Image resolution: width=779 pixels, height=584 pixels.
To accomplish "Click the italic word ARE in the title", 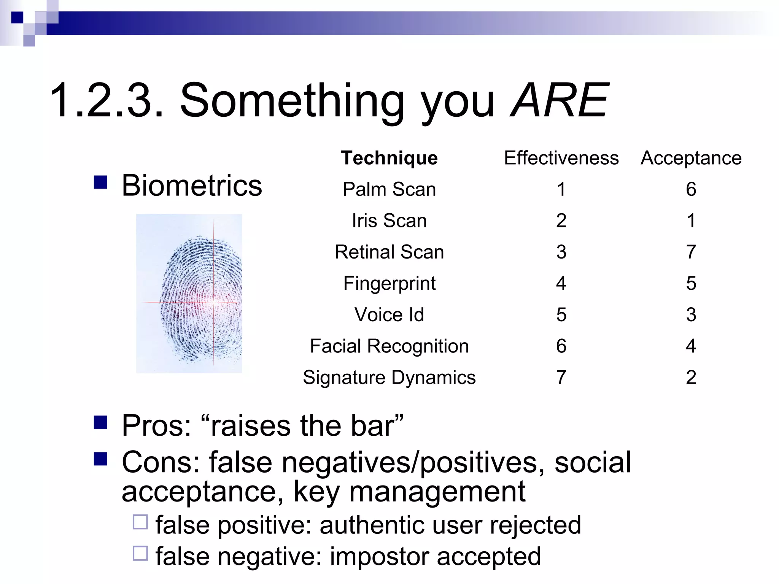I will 560,100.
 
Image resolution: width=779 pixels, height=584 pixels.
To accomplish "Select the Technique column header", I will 389,158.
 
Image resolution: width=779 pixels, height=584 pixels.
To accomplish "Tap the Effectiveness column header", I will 561,158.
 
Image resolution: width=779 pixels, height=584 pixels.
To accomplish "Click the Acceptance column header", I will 691,158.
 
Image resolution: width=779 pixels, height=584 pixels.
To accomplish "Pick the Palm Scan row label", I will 389,189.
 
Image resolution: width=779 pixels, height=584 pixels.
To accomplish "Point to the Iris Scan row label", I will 389,221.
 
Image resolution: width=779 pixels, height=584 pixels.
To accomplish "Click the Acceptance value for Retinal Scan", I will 691,252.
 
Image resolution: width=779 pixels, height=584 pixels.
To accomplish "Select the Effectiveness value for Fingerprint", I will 561,283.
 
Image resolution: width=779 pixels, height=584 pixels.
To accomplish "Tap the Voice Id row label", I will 389,314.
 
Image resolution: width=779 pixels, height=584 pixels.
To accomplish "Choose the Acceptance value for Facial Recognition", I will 691,346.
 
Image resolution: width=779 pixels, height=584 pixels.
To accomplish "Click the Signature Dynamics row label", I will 389,378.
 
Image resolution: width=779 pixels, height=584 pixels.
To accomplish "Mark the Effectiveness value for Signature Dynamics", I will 561,378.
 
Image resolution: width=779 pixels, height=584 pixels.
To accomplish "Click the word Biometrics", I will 192,186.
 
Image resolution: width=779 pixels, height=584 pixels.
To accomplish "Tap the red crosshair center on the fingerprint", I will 214,302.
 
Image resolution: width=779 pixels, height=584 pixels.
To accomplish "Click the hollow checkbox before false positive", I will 140,522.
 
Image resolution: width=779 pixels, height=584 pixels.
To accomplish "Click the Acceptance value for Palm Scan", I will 691,189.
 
